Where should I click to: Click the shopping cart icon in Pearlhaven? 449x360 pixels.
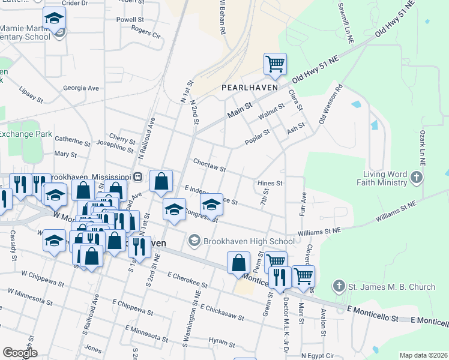pyautogui.click(x=275, y=64)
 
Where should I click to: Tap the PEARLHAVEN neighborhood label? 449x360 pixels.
pyautogui.click(x=249, y=87)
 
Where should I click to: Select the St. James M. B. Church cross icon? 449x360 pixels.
pyautogui.click(x=339, y=287)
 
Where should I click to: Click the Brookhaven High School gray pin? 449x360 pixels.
pyautogui.click(x=194, y=241)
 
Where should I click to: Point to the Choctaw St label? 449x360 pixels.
pyautogui.click(x=209, y=165)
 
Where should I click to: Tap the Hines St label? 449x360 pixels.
pyautogui.click(x=270, y=182)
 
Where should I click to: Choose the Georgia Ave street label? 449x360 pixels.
pyautogui.click(x=80, y=88)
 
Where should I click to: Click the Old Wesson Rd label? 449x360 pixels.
pyautogui.click(x=331, y=104)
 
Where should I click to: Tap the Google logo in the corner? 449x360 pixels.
pyautogui.click(x=20, y=353)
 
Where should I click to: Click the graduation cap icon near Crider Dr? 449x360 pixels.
pyautogui.click(x=54, y=20)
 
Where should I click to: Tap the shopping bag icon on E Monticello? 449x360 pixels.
pyautogui.click(x=239, y=263)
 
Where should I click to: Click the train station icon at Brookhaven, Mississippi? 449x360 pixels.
pyautogui.click(x=138, y=177)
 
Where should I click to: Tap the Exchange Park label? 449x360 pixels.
pyautogui.click(x=25, y=134)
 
